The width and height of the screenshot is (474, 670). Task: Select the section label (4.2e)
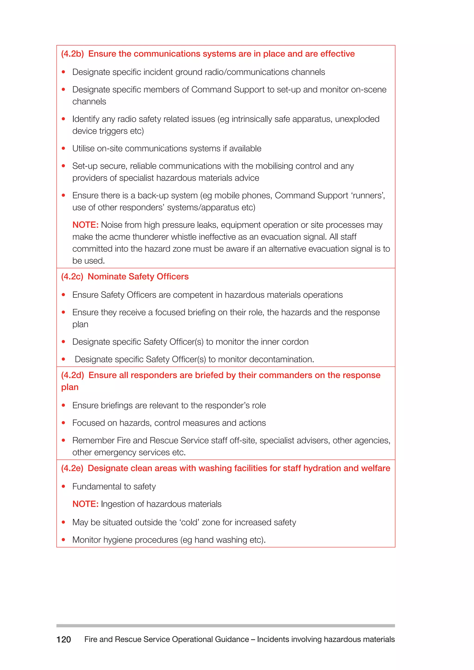[x=72, y=468]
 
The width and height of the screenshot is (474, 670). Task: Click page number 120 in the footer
[x=64, y=639]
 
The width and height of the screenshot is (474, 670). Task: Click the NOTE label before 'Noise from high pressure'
[x=85, y=225]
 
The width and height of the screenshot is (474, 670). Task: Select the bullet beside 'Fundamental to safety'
[x=63, y=487]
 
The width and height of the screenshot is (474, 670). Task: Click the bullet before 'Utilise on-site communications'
[x=63, y=149]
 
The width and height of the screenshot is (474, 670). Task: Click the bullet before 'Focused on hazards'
[x=63, y=423]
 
